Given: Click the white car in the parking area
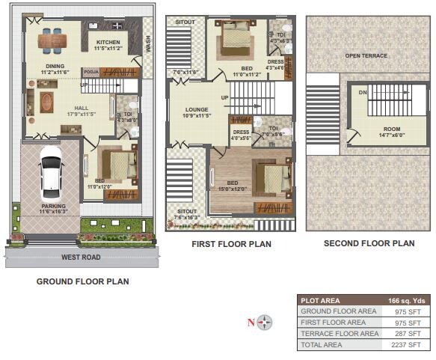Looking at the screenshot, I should point(50,171).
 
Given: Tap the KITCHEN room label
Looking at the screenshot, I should point(108,43).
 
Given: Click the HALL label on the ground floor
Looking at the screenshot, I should point(82,108).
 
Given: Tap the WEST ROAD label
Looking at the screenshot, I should point(82,257).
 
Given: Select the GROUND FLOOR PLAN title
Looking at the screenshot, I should point(82,282).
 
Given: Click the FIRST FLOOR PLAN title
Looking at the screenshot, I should point(231,244).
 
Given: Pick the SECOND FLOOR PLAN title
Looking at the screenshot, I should point(369,243).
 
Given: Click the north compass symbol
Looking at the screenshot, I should point(265,323).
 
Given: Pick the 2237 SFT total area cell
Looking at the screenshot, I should point(408,345).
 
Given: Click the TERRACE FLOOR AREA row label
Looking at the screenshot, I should point(339,334).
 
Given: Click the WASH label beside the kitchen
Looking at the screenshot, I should point(147,44).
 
